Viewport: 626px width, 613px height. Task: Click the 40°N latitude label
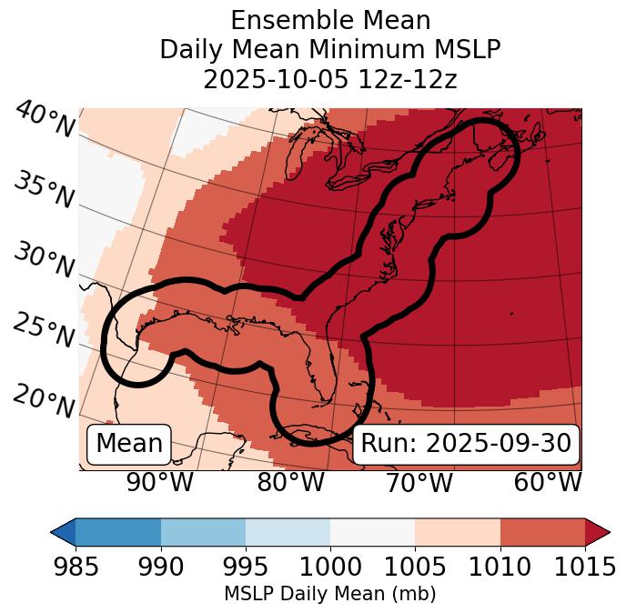tap(44, 119)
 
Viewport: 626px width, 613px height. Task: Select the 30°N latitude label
tap(44, 261)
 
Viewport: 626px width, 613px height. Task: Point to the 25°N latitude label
tap(44, 331)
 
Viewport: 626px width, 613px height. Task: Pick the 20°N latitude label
tap(44, 401)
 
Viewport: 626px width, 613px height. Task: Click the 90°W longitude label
tap(159, 483)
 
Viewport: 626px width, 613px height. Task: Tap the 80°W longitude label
tap(291, 483)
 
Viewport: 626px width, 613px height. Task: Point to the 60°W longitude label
tap(548, 483)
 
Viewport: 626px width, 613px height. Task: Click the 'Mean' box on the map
tap(129, 444)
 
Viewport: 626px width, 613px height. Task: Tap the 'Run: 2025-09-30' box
tap(466, 444)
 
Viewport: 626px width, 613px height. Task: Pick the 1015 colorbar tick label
tap(584, 568)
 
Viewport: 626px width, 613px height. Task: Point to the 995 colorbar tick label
tap(246, 568)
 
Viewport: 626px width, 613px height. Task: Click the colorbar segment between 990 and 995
tap(203, 531)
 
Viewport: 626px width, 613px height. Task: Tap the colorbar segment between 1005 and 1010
tap(458, 531)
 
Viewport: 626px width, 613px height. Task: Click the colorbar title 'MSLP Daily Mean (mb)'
tap(329, 595)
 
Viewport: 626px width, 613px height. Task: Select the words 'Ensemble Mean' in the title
tap(330, 20)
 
